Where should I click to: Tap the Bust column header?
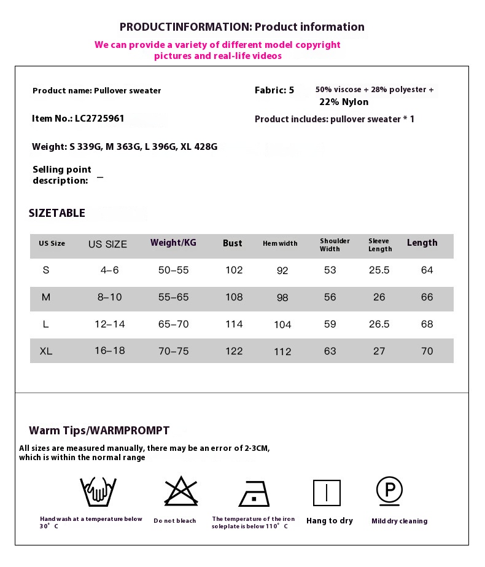click(232, 243)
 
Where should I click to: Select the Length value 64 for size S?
click(427, 270)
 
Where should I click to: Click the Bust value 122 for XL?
click(234, 351)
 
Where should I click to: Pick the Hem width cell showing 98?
click(282, 297)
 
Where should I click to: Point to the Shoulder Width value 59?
click(330, 324)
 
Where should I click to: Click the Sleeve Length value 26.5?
click(379, 324)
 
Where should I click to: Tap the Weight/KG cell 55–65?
click(174, 297)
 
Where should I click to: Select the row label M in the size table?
click(46, 297)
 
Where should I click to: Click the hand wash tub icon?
click(98, 491)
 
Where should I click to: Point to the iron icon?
click(254, 493)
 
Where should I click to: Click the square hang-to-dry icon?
click(327, 493)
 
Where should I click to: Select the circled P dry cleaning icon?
click(389, 490)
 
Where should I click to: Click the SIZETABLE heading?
click(57, 213)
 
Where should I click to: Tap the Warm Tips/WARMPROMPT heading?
click(99, 431)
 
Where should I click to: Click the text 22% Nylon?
click(344, 102)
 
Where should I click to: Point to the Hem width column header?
click(280, 244)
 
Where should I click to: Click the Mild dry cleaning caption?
click(399, 521)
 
